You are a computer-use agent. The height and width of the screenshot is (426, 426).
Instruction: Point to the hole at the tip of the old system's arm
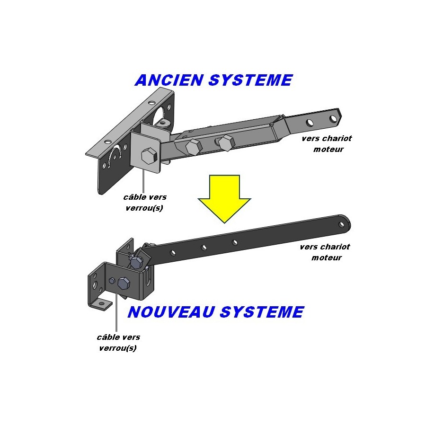click(x=333, y=119)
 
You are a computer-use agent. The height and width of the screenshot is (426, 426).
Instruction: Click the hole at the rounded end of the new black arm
click(x=341, y=224)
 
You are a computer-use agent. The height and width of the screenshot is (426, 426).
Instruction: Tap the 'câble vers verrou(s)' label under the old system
click(x=144, y=203)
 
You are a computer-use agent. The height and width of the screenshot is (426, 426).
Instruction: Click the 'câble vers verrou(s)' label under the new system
click(x=118, y=343)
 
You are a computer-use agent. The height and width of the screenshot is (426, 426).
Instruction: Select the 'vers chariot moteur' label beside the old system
click(x=327, y=144)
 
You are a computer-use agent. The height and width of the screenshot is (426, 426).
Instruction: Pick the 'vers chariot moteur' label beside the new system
click(x=325, y=252)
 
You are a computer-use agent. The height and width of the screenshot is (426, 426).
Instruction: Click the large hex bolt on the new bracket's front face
click(x=124, y=283)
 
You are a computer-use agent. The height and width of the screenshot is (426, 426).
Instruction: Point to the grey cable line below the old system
click(x=143, y=181)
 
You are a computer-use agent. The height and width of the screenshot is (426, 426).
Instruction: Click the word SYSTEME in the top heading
click(x=250, y=80)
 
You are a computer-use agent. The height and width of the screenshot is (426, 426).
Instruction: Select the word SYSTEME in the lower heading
click(x=262, y=312)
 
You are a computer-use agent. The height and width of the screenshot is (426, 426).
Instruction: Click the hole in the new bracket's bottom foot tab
click(x=101, y=302)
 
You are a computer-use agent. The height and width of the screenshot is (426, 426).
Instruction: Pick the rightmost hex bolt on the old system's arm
click(x=226, y=142)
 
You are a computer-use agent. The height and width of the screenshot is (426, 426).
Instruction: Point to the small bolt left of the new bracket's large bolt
click(x=111, y=281)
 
